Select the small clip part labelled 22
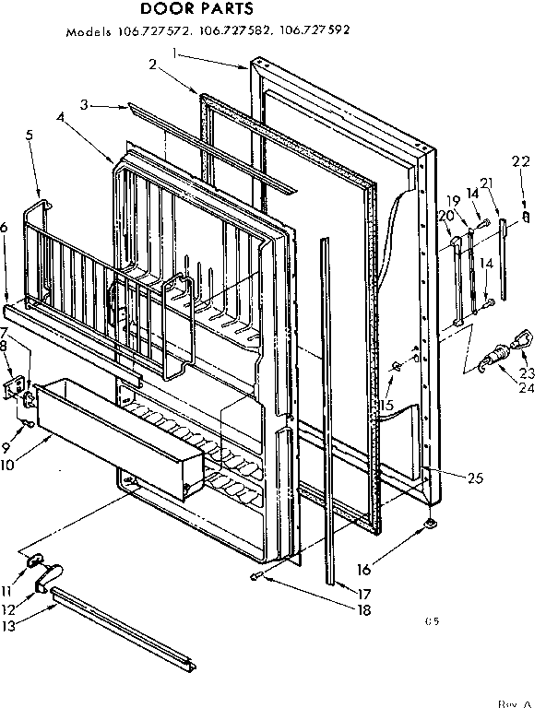pos(525,217)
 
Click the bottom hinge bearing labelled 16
pos(431,526)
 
